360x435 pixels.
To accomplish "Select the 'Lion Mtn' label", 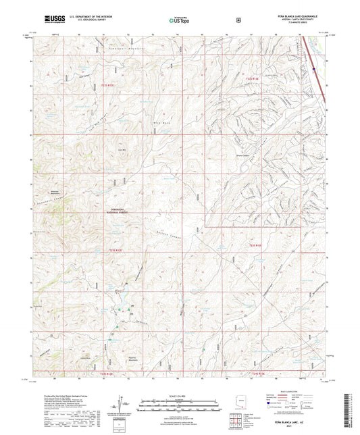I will [122, 150].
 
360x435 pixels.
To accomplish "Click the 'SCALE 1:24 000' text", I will [180, 396].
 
